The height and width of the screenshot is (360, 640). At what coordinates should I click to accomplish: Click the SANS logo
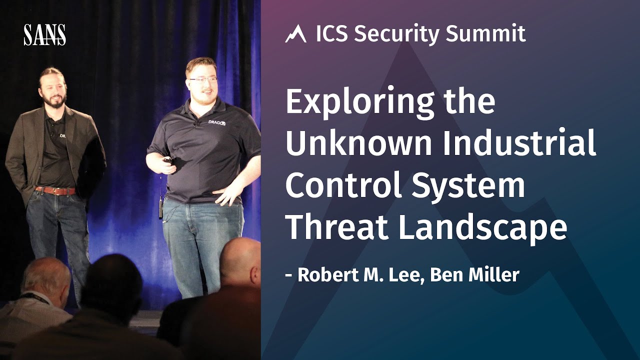coord(44,34)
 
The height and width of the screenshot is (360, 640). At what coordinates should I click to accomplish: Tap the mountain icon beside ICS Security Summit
coord(295,34)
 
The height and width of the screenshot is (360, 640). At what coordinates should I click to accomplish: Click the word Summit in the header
coord(485,33)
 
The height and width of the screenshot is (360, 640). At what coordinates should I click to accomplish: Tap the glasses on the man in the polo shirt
coord(203,79)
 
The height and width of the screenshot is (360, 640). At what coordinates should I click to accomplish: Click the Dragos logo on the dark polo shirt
coord(216,122)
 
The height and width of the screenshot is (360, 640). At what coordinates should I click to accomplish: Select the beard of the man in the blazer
coord(54,100)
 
